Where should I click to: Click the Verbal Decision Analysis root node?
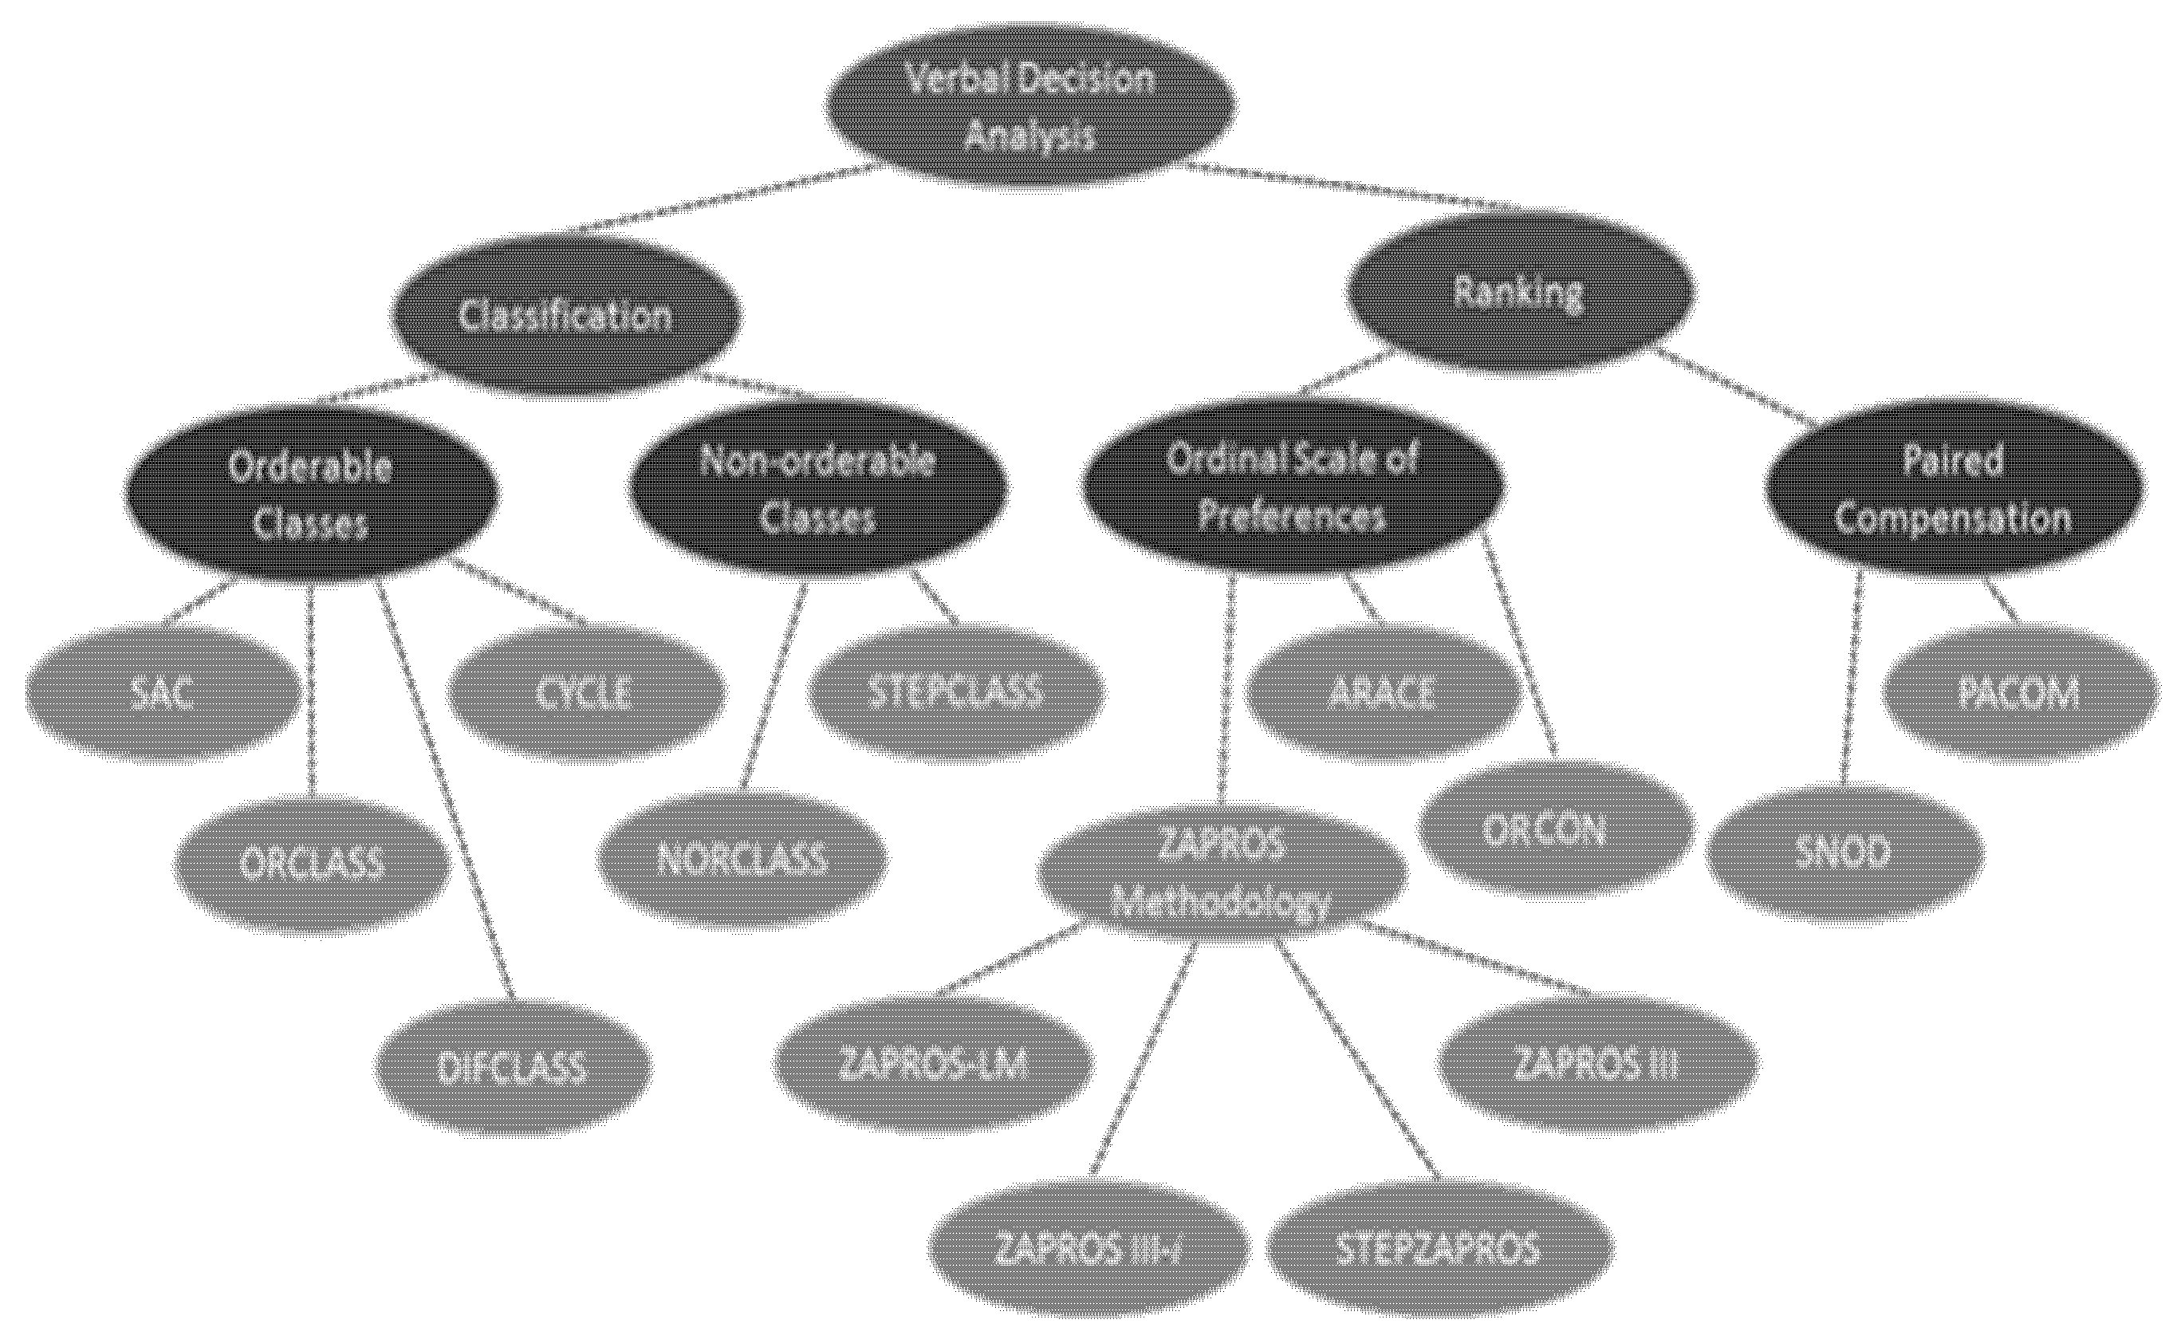point(1031,106)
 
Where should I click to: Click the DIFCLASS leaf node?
point(514,1068)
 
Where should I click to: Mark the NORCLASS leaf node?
point(742,859)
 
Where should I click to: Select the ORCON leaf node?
point(1556,829)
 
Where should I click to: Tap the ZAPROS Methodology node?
point(1222,873)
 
